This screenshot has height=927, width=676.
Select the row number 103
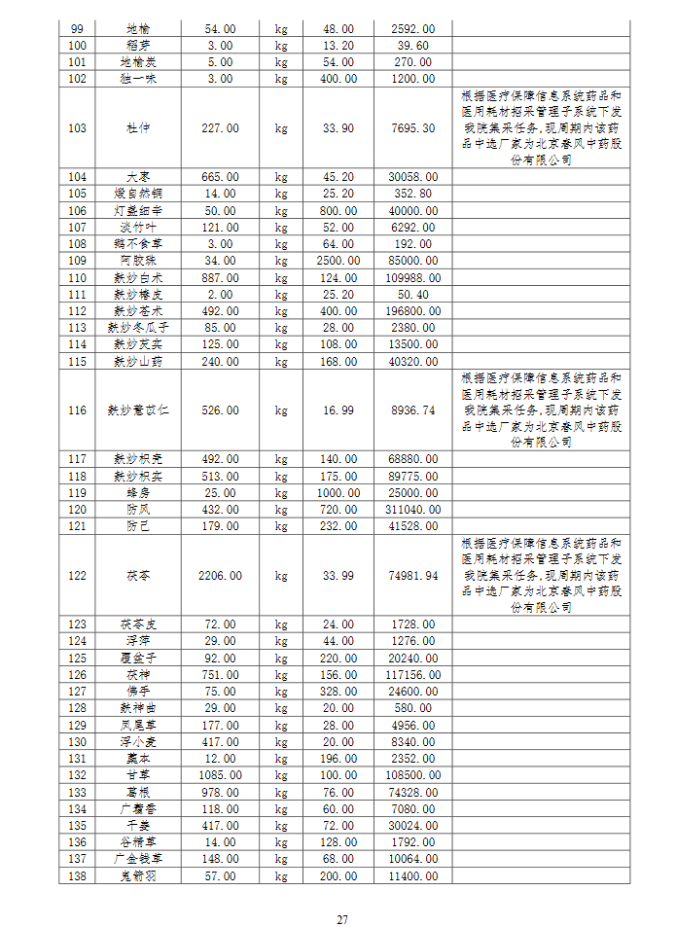point(79,127)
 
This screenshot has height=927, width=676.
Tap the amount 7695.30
point(412,127)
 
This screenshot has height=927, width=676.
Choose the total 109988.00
point(412,277)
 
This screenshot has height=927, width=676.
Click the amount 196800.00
point(412,310)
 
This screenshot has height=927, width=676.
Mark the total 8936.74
point(412,410)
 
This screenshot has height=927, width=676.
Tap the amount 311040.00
point(412,509)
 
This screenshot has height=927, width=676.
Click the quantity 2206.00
point(220,575)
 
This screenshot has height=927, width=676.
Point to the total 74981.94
point(412,575)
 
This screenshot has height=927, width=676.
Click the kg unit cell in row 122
point(281,575)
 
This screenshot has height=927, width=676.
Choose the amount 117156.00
point(412,674)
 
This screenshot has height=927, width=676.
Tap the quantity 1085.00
point(220,774)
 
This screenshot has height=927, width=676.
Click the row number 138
point(79,875)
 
